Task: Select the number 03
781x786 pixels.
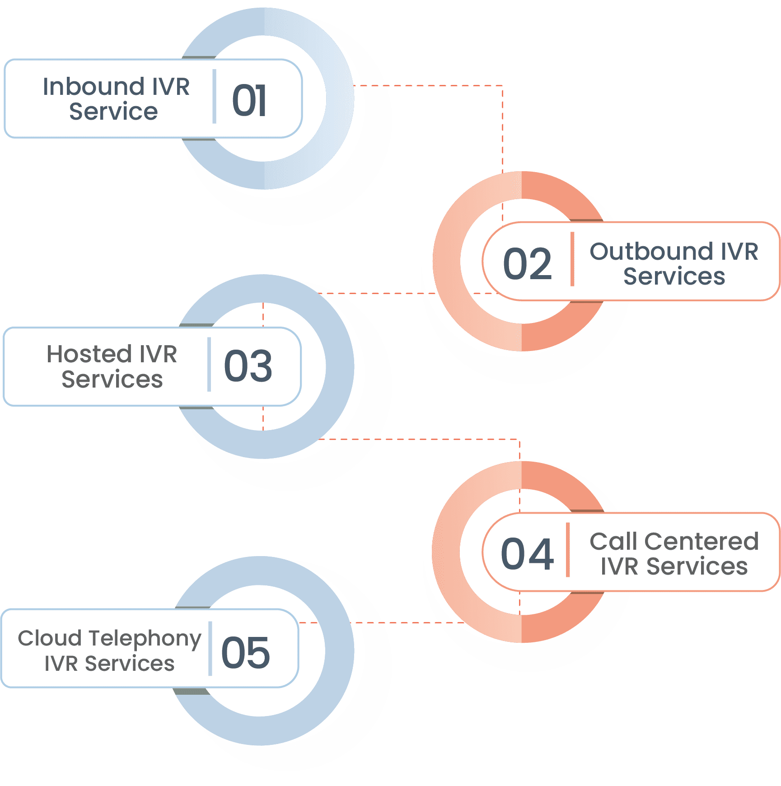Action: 248,366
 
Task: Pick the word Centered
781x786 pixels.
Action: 701,542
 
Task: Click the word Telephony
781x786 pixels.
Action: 145,639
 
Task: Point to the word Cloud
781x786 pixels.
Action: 50,638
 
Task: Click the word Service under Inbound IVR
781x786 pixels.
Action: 113,112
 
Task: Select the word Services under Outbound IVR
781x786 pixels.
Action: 674,276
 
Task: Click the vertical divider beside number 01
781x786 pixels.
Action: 214,96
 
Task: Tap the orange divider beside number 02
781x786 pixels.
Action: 572,259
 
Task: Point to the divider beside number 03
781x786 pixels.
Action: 209,364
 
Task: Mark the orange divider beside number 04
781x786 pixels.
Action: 568,550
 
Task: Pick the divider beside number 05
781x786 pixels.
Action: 210,649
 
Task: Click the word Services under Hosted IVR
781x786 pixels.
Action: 112,379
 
